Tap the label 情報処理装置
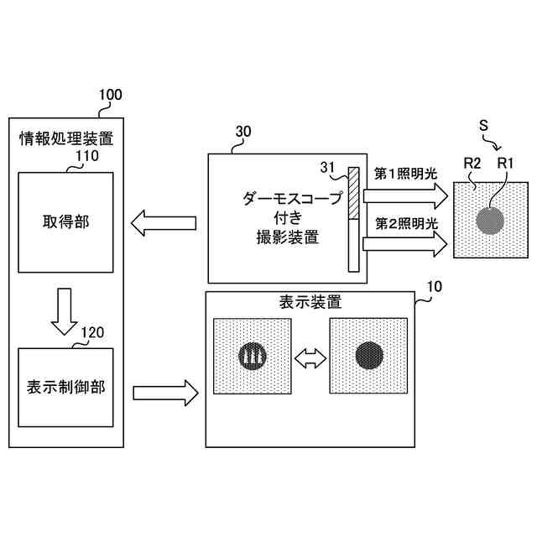pos(66,137)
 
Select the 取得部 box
pos(65,222)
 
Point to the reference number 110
pos(87,155)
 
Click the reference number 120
pos(92,332)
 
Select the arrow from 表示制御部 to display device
pos(164,390)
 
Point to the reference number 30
pos(242,132)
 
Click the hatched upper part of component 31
pos(353,191)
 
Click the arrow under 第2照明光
pos(405,244)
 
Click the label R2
pos(471,163)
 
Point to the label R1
pos(506,163)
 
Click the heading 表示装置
pos(309,301)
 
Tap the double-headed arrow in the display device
pos(310,358)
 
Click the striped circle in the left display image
pos(252,357)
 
